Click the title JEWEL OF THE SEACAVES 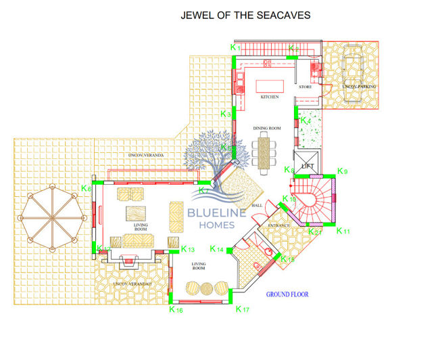pos(244,14)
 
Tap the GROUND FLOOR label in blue pos(288,294)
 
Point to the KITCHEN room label pos(270,97)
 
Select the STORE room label pos(306,87)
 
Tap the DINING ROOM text pos(266,128)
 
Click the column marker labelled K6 pos(86,188)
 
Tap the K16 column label pos(176,309)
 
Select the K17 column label pos(242,309)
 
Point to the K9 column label pos(342,171)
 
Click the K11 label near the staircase pos(343,231)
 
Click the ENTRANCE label pos(279,225)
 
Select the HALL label pos(257,205)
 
